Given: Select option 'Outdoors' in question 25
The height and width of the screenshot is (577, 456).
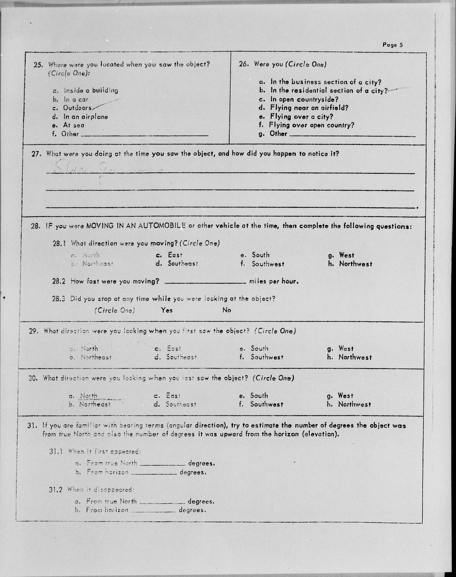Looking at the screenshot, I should pos(77,108).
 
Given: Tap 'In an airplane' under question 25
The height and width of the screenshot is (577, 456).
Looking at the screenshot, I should pos(85,117).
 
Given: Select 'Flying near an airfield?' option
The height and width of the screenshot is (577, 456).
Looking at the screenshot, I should pos(309,108).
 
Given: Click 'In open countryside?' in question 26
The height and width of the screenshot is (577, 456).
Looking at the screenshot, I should pos(304,99).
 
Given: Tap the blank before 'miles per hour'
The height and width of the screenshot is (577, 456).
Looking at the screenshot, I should pos(205,281).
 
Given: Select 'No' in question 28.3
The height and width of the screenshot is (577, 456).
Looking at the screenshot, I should pos(227,310).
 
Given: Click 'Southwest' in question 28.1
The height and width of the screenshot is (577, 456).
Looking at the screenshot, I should pos(268,264).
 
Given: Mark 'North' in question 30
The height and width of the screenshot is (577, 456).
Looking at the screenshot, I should pos(89,396).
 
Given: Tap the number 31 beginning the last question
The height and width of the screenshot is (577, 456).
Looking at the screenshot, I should pos(32,426).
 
